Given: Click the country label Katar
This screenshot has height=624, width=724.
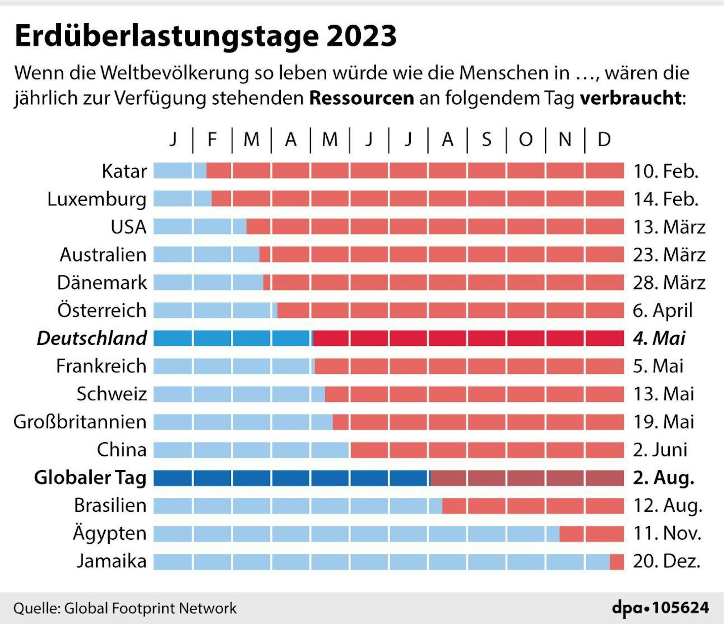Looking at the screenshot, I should point(124,171).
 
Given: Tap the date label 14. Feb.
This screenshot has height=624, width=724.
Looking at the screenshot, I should point(666,199).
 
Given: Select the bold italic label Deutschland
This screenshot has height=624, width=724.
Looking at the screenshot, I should point(92,338).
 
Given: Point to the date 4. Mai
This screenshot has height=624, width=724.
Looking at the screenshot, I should point(659,338).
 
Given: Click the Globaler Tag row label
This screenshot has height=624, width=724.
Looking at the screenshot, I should point(90,477).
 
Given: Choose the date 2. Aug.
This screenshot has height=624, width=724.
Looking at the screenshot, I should point(664,478).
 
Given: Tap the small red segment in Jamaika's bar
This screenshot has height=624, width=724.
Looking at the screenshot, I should point(616,561).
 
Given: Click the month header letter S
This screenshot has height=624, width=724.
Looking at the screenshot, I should point(486,139).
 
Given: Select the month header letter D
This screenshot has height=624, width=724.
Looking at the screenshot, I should point(604,139).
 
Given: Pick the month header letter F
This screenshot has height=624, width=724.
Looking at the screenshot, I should point(212,139).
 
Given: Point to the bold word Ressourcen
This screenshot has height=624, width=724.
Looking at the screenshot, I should point(361,98).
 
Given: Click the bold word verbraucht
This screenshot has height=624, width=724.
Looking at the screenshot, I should point(631,98).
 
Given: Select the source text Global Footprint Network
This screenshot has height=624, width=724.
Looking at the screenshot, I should point(150,608).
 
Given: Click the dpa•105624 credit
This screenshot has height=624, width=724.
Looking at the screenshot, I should point(660,608).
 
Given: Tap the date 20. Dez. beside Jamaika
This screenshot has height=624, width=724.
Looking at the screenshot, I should point(666,561).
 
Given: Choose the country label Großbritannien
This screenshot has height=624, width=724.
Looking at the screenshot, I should point(80,422).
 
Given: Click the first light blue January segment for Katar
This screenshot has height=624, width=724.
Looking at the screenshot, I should point(172,170).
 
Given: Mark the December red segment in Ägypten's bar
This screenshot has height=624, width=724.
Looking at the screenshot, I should point(604,534).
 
